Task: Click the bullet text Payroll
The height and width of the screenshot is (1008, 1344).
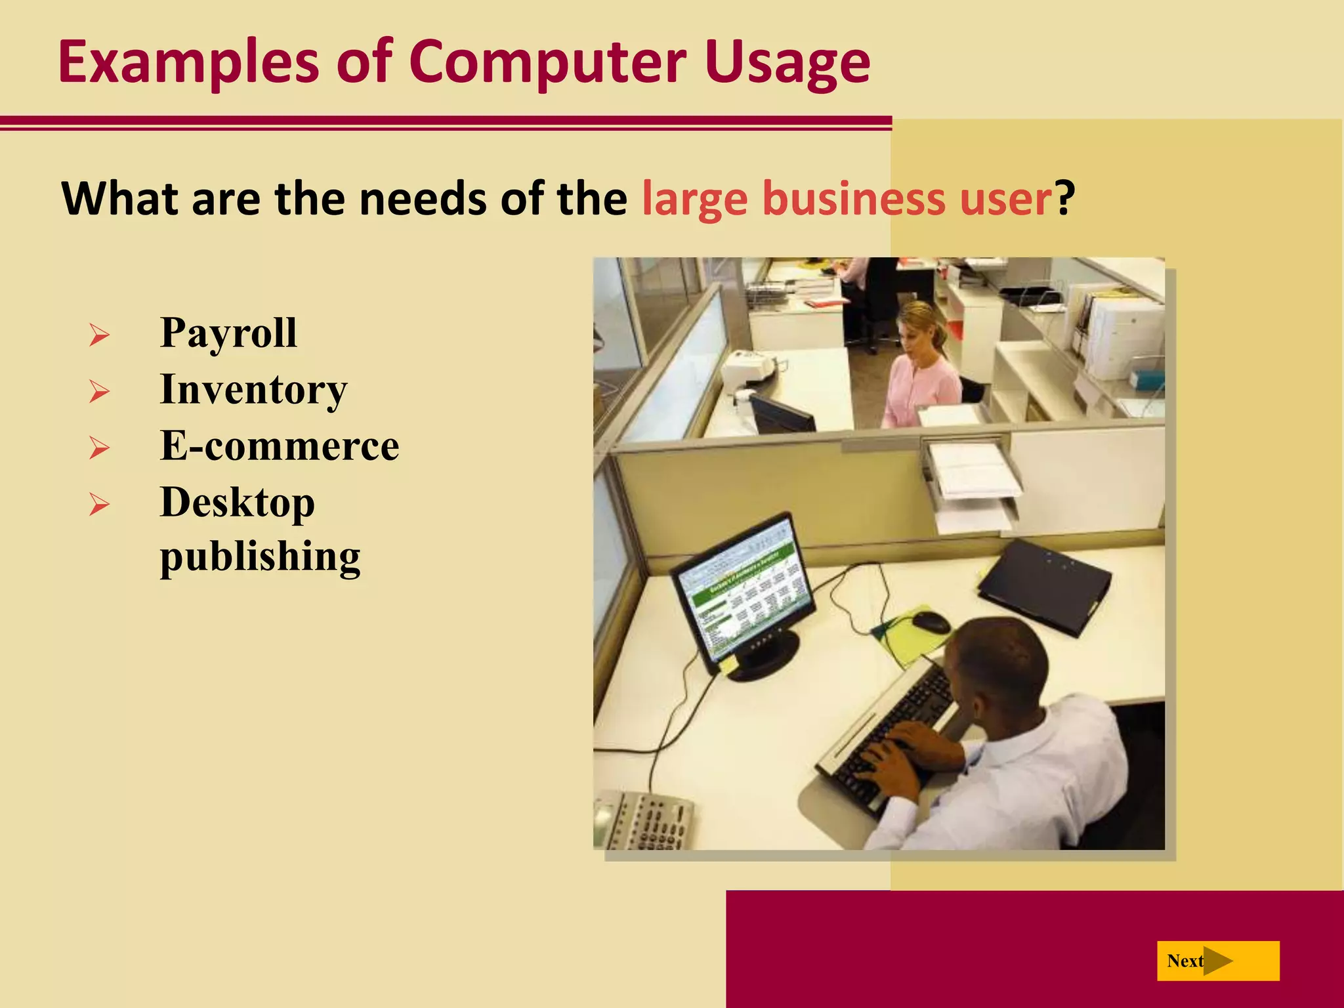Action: click(x=228, y=333)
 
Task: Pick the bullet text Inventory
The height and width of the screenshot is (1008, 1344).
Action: click(x=253, y=390)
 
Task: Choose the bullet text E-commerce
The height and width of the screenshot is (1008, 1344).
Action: click(x=280, y=446)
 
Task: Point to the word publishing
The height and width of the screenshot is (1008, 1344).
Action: click(x=260, y=556)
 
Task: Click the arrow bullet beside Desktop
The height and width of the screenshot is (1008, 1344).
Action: click(x=99, y=505)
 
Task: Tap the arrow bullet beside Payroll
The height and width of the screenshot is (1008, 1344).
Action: click(x=99, y=335)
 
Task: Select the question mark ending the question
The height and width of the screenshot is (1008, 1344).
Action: click(x=1065, y=199)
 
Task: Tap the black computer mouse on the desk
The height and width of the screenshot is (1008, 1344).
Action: click(x=931, y=621)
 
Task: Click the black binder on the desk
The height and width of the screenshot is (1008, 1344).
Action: click(x=1043, y=584)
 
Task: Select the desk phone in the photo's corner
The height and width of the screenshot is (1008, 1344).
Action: click(x=646, y=820)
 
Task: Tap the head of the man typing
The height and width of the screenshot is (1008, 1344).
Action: click(x=997, y=663)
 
